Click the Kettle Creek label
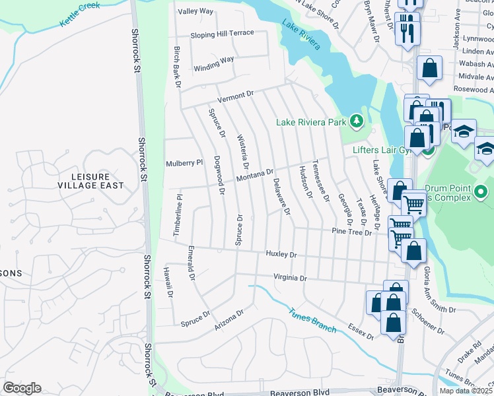coord(80,14)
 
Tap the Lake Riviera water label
coord(301,35)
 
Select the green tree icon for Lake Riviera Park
coord(357,121)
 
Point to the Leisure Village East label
coord(90,181)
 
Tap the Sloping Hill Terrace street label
coord(222,33)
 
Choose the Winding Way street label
coord(214,63)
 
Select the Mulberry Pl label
coord(184,162)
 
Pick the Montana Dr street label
coord(254,176)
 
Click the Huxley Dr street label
coord(281,254)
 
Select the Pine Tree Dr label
coord(353,232)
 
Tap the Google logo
coord(22,388)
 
